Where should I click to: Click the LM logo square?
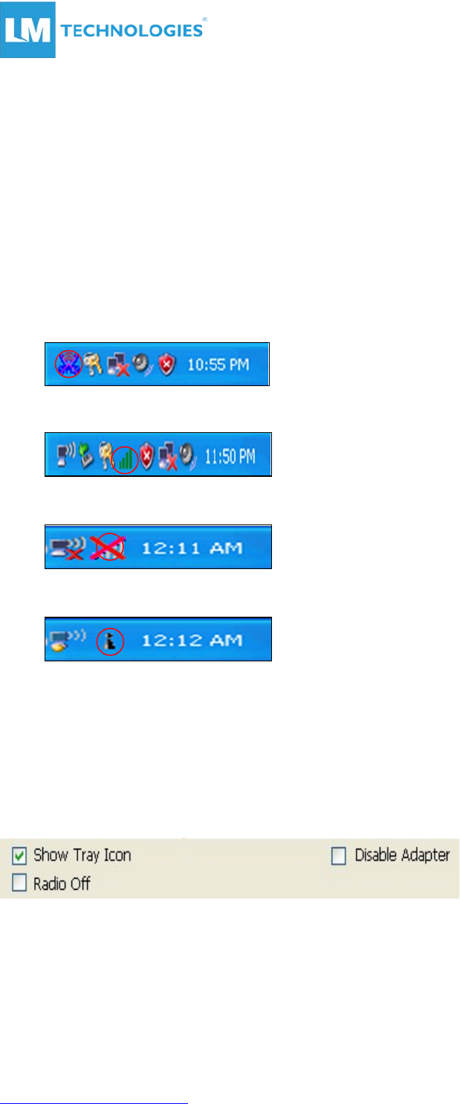(28, 31)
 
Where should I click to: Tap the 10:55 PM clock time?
(218, 365)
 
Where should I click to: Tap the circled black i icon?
(110, 640)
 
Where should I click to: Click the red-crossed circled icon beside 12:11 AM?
(108, 547)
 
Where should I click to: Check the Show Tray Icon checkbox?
(19, 856)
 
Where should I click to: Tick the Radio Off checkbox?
(19, 884)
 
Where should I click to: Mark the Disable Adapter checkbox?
(339, 856)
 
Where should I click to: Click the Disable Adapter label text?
(401, 856)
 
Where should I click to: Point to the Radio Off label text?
(62, 884)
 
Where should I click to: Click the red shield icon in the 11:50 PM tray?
(146, 455)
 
